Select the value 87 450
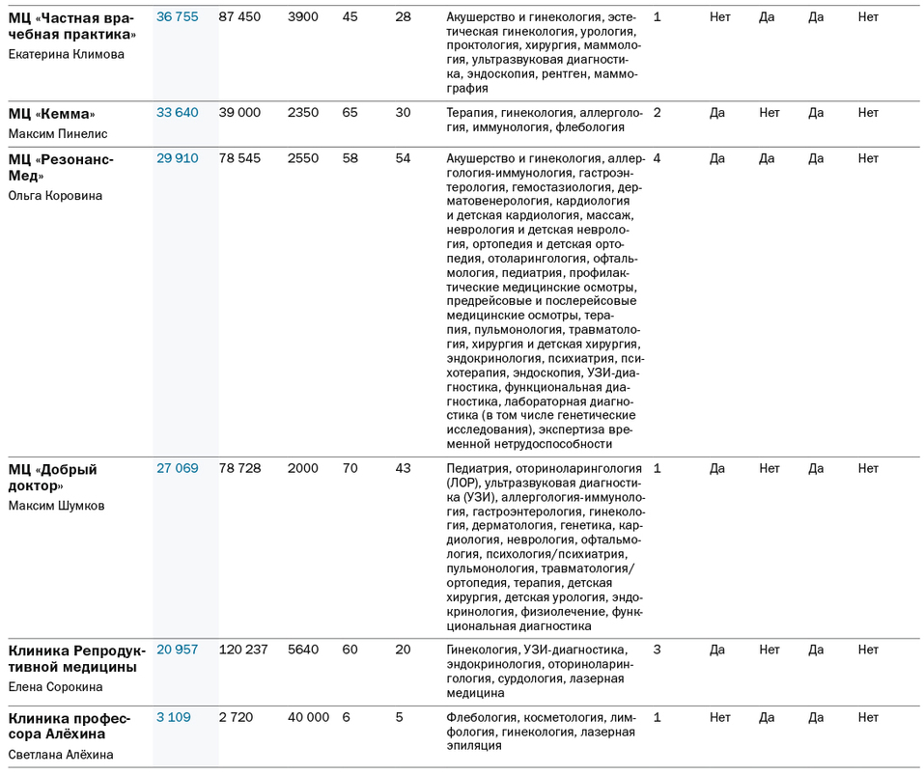coord(239,17)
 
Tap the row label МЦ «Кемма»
coord(52,114)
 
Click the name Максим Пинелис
coord(58,134)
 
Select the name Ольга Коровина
coord(55,196)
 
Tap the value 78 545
coord(239,158)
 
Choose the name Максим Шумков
coord(56,506)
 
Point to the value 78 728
coord(239,468)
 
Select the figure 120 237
coord(242,650)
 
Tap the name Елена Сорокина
coord(55,687)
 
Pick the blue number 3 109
coord(174,717)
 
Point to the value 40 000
coord(308,717)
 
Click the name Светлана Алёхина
coord(61,755)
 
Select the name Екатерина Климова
coord(66,54)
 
